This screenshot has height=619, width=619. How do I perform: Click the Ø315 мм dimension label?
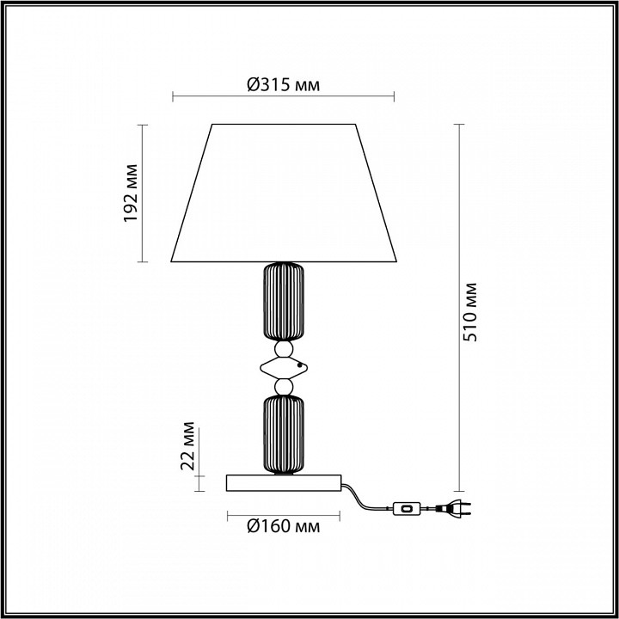(284, 83)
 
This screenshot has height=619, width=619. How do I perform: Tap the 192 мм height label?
(132, 193)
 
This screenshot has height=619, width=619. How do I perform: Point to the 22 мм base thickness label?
(190, 450)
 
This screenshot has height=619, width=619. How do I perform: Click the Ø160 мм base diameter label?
(284, 526)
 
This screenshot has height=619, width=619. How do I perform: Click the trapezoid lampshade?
(285, 193)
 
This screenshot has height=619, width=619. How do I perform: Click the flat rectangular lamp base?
(285, 483)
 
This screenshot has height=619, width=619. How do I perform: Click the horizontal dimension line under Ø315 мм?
(285, 95)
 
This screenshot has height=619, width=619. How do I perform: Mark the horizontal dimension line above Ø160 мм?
(285, 514)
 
